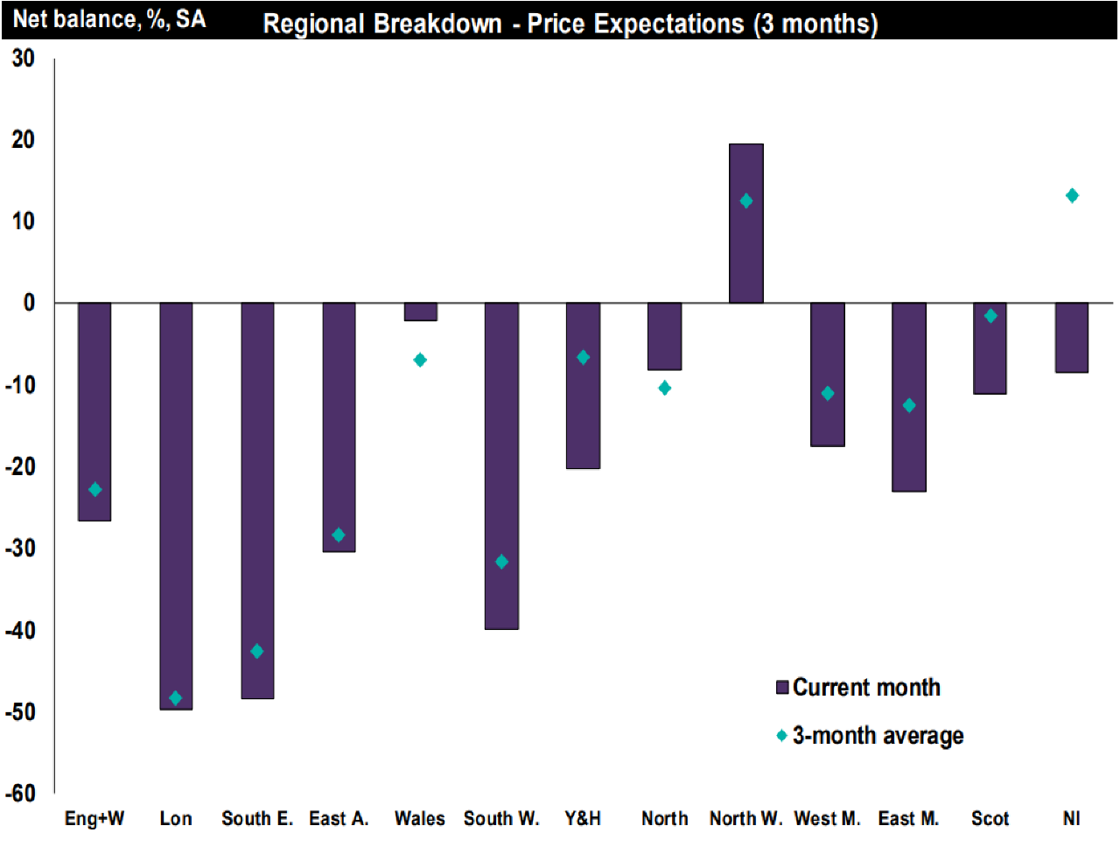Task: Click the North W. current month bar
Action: click(746, 223)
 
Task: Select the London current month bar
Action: click(176, 506)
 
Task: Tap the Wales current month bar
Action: click(420, 312)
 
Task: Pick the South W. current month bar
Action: click(501, 465)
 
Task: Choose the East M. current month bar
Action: click(909, 397)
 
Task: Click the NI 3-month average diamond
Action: click(1072, 196)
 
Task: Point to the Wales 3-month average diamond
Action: click(420, 360)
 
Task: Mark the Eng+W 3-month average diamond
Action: click(95, 490)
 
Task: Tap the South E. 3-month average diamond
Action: click(257, 652)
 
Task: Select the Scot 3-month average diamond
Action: click(990, 316)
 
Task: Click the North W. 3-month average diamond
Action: click(746, 201)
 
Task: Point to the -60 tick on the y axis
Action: click(21, 794)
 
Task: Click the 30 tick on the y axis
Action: click(23, 59)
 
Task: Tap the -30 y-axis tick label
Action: click(21, 549)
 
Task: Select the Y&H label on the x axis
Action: click(583, 819)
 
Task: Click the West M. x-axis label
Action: click(827, 819)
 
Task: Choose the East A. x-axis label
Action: click(339, 819)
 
